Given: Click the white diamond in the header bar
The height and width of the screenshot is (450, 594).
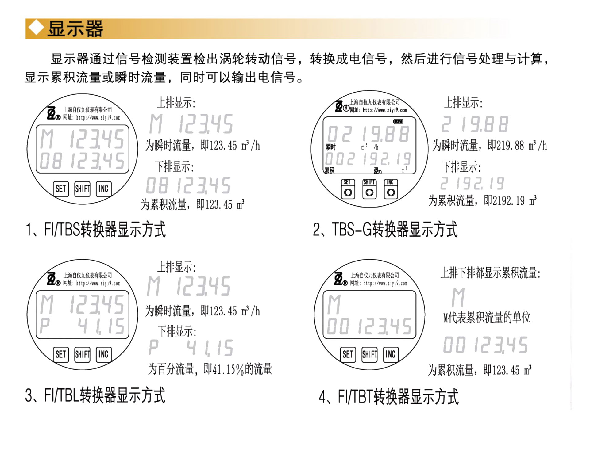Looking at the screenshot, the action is coord(36,28).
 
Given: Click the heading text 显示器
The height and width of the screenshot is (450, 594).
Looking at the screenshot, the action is coord(75,29).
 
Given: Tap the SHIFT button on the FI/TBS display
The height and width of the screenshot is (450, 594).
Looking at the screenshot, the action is coord(82,189).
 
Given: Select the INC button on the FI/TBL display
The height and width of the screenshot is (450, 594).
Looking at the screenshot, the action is coord(104,354).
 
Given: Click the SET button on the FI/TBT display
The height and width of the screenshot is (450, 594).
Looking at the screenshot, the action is coord(348,354).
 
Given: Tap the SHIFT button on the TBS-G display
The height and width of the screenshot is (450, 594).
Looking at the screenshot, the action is coord(369,189).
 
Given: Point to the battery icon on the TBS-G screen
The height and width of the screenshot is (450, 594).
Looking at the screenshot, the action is coord(398,122).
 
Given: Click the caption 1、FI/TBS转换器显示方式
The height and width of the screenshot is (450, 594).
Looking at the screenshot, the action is coord(96,229).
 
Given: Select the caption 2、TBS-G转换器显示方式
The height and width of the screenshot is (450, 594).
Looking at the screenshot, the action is coord(385,229).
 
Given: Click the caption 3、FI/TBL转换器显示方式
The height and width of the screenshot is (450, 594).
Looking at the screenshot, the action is coord(95,395).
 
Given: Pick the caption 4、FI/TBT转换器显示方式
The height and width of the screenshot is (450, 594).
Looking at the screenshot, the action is coord(389,396).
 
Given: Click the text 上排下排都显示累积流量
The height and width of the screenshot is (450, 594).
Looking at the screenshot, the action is coord(490,273).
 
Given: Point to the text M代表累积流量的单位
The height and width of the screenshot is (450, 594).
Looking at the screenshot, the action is coord(487,318).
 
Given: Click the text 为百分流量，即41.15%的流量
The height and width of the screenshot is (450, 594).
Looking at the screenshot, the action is coord(210,369).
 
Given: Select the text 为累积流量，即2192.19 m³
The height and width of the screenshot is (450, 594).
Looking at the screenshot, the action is coord(482,201).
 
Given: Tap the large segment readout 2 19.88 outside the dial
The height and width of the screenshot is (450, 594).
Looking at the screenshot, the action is coord(475,124).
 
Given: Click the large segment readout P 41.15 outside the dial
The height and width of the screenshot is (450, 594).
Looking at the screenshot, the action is coord(191,348).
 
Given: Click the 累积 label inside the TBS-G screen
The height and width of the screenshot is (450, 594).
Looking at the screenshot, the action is coord(330,170).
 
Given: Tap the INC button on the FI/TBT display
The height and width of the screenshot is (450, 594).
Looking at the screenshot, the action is coord(390,354).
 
